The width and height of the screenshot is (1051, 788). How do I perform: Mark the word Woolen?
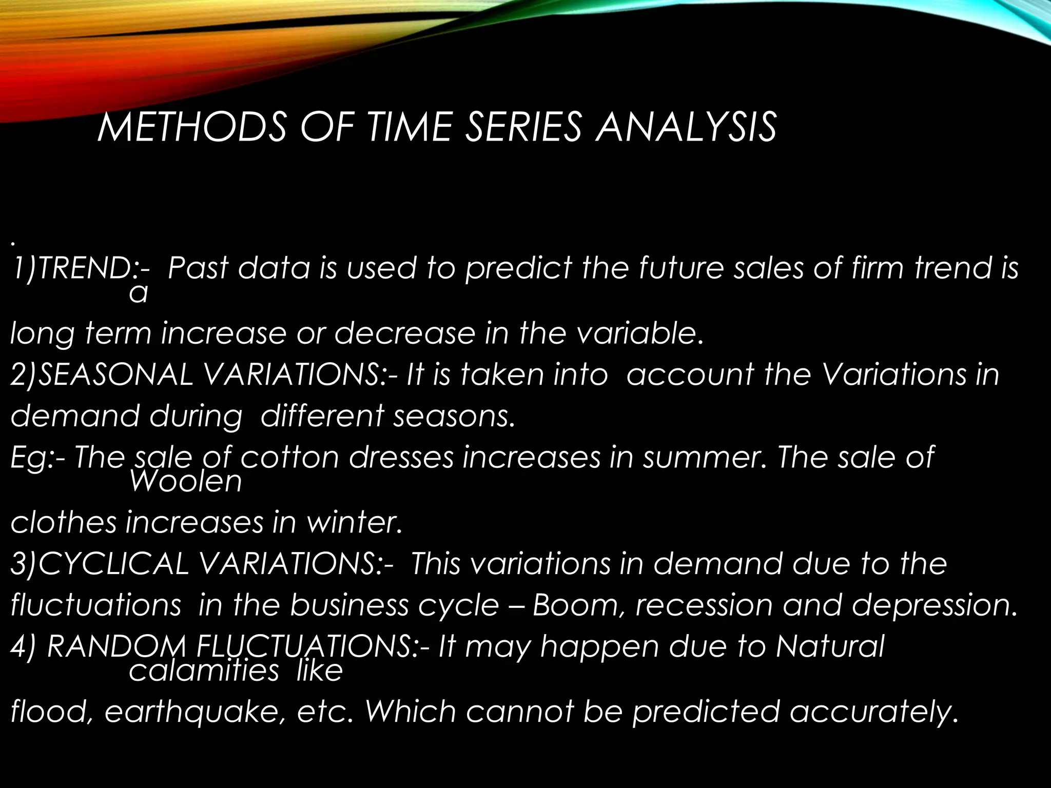click(186, 482)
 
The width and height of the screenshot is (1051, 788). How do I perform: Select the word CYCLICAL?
click(113, 564)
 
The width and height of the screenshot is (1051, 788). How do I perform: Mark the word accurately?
click(872, 712)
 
